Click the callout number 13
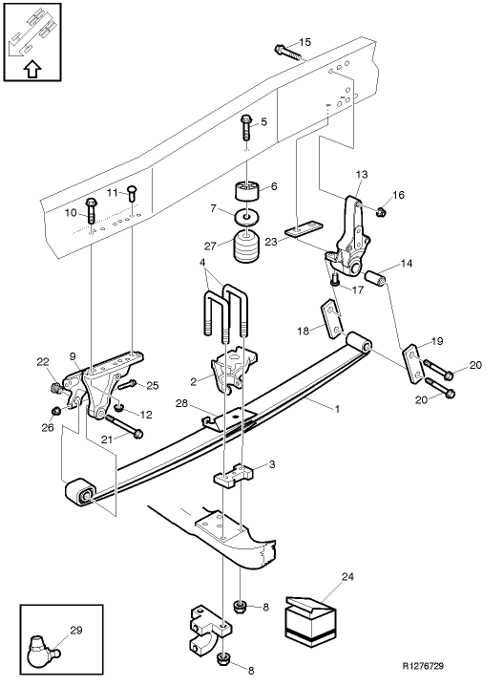coord(360,174)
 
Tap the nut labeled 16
coord(380,210)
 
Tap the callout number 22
coord(41,361)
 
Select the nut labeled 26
coord(55,411)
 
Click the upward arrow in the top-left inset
coord(31,69)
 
